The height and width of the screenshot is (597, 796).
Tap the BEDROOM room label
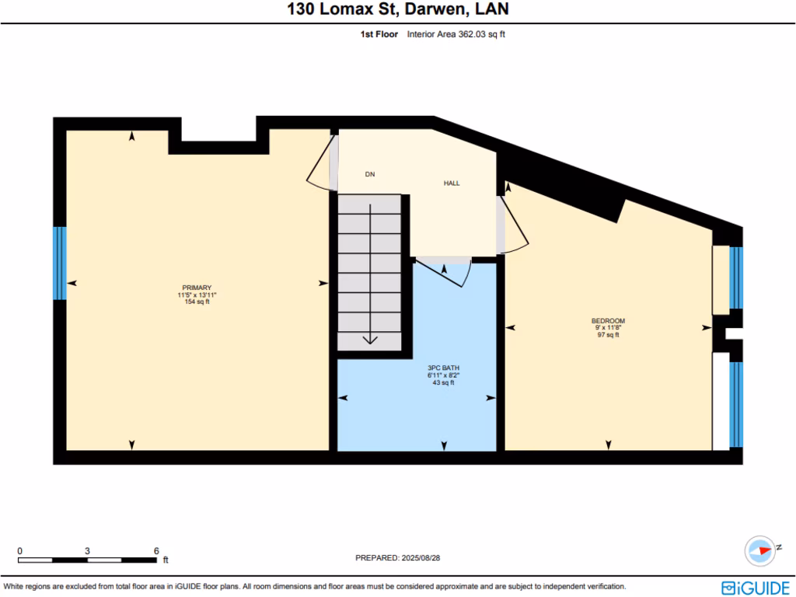click(x=608, y=321)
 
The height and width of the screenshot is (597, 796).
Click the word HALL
click(x=452, y=183)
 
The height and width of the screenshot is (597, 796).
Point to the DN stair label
click(x=370, y=174)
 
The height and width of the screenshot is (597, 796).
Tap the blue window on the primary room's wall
click(x=59, y=263)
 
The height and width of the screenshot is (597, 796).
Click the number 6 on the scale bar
click(x=156, y=550)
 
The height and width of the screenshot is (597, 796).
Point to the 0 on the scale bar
click(x=19, y=550)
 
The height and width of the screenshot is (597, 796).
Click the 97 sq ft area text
click(x=608, y=335)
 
